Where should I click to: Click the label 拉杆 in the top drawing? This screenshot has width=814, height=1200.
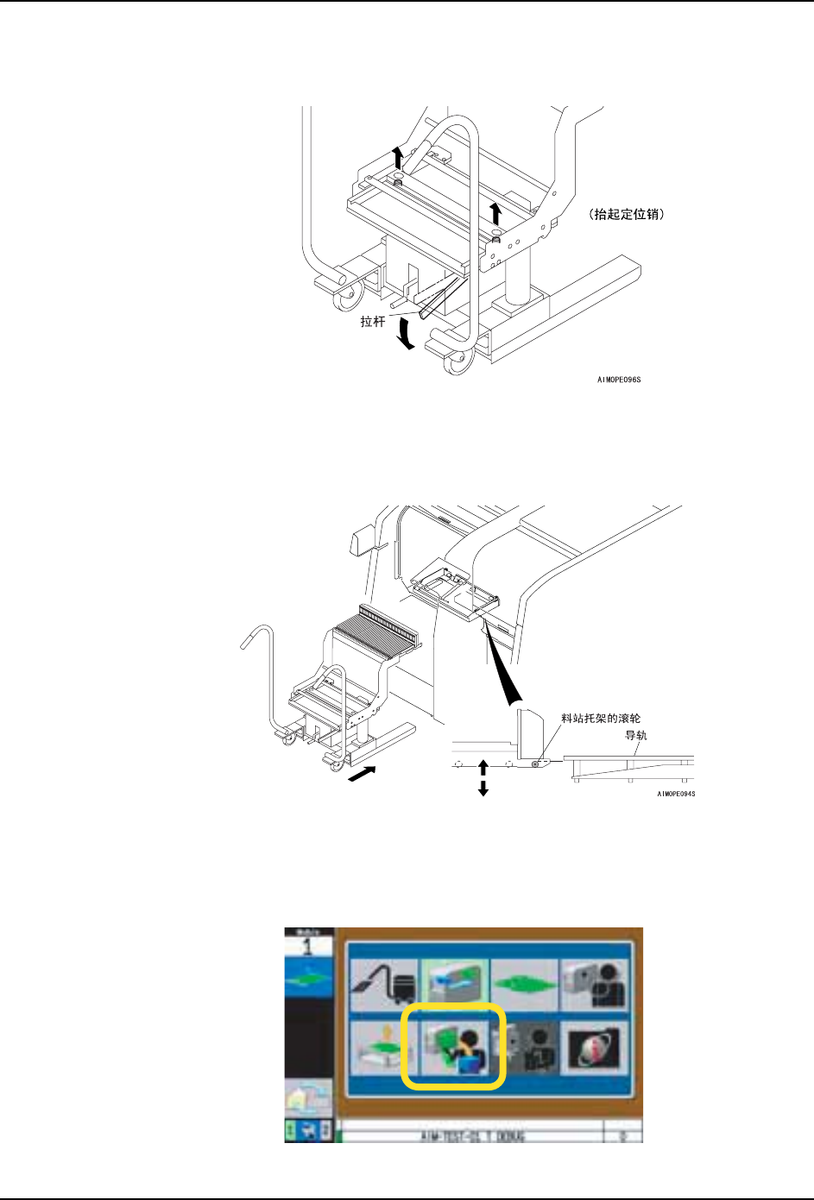[x=373, y=322]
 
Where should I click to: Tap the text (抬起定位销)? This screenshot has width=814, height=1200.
[x=626, y=215]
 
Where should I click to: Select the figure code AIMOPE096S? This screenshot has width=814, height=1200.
[x=619, y=380]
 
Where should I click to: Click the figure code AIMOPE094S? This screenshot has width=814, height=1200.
[x=676, y=794]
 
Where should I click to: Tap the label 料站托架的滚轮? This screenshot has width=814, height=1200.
[x=601, y=718]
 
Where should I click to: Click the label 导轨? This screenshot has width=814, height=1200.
[x=636, y=736]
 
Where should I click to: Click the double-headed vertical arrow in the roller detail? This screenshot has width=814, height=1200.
[x=483, y=777]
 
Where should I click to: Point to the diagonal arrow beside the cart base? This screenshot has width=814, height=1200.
[x=363, y=776]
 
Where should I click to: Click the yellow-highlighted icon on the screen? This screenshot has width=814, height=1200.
[x=452, y=1046]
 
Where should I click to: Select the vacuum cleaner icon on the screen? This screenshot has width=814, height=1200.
[x=384, y=984]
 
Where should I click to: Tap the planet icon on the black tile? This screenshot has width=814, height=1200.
[x=595, y=1046]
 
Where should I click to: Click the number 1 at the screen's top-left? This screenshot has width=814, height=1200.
[x=308, y=946]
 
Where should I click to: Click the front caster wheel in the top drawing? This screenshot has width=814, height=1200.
[x=454, y=364]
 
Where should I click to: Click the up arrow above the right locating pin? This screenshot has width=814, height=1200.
[x=495, y=213]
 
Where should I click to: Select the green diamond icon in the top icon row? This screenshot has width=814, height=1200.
[x=524, y=984]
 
